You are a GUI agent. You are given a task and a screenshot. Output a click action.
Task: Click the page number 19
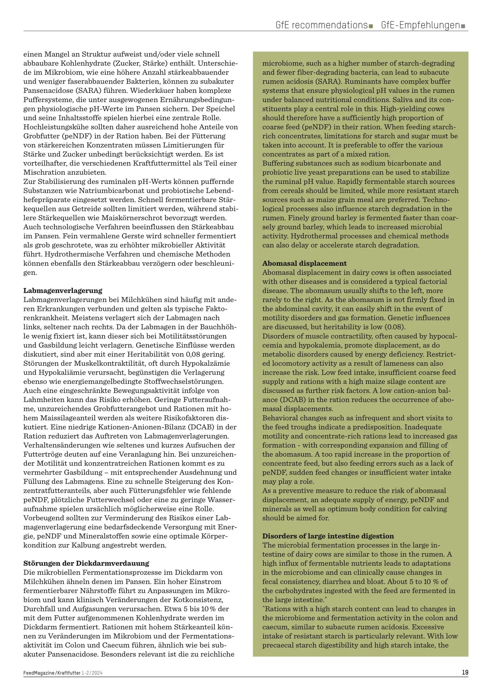point(465,672)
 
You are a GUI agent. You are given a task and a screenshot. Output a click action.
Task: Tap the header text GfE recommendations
point(322,25)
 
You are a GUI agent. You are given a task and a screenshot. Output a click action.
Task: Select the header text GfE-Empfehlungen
point(420,25)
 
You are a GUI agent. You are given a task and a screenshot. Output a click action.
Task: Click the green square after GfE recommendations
point(371,26)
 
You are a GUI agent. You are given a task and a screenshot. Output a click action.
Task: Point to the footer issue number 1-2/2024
point(92,673)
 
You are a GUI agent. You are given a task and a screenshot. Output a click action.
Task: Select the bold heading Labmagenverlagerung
point(63,290)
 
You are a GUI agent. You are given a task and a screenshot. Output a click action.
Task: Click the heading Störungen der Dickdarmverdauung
point(86,563)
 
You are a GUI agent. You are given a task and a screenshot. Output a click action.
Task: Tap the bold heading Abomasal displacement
point(304,263)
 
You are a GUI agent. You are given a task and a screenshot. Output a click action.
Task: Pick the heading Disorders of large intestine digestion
point(328,536)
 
